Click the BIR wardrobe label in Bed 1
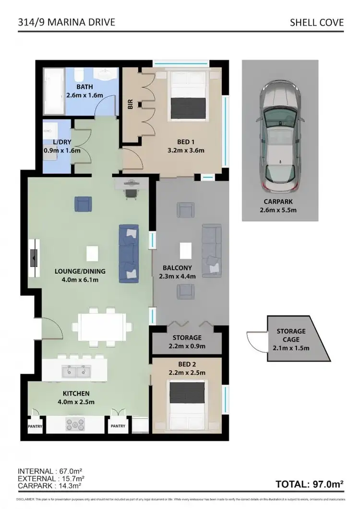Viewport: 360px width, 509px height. tap(130, 105)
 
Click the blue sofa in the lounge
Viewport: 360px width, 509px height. tap(129, 252)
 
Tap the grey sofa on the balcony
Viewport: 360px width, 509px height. tap(212, 251)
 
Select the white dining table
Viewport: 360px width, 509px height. tap(102, 327)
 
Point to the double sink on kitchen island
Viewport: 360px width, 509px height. tap(76, 371)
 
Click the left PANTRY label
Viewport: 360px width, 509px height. tap(35, 426)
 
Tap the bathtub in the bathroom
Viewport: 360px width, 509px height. tap(54, 91)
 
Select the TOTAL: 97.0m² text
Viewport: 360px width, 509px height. tap(310, 484)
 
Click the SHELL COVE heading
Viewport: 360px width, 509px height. tap(317, 22)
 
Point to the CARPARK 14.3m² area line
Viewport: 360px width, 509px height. tap(51, 486)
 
